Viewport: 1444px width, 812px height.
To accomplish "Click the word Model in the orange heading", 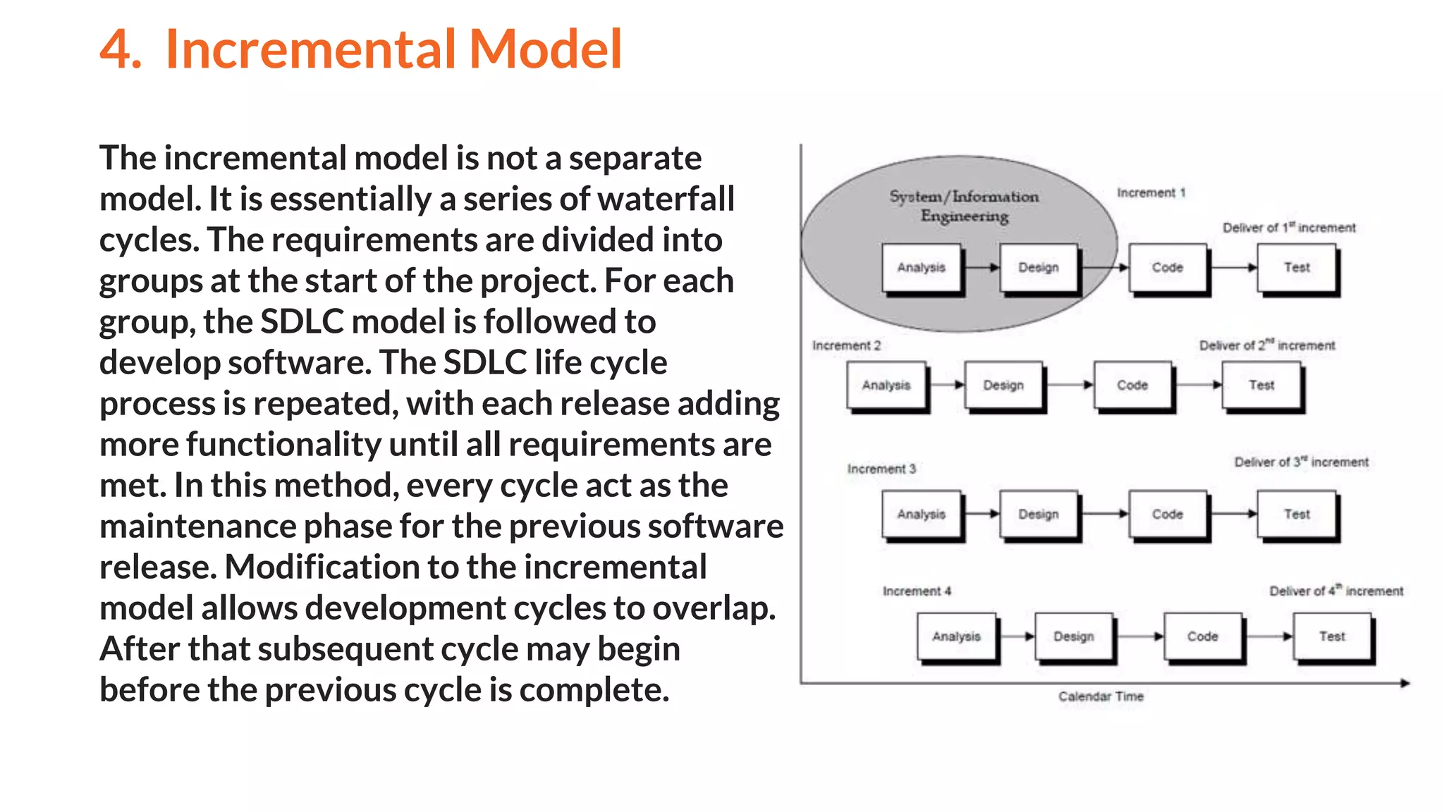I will tap(545, 49).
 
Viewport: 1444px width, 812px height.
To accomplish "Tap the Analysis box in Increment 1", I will tap(921, 267).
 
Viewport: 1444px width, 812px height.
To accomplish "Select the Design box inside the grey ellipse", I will tap(1038, 267).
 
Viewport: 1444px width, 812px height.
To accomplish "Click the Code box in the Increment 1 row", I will tap(1167, 267).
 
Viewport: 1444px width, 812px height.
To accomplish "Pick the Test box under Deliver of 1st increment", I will tap(1297, 267).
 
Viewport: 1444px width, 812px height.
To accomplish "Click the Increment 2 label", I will tap(846, 345).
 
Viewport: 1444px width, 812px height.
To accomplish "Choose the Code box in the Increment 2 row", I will tap(1132, 385).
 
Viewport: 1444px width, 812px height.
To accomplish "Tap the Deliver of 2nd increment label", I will tap(1266, 345).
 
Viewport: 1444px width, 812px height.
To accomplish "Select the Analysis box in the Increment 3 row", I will tap(921, 514).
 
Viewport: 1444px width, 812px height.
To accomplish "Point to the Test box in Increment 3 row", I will tap(1297, 514).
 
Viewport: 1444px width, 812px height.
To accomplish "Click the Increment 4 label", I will tap(917, 591).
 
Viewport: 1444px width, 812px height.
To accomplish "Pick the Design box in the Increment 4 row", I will tap(1073, 636).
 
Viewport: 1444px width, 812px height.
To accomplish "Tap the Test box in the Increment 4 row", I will tap(1332, 636).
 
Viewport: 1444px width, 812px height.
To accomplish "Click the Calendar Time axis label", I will tap(1101, 696).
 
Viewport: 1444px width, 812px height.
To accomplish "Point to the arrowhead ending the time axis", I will tap(1405, 683).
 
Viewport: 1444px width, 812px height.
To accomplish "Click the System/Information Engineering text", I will tap(964, 206).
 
